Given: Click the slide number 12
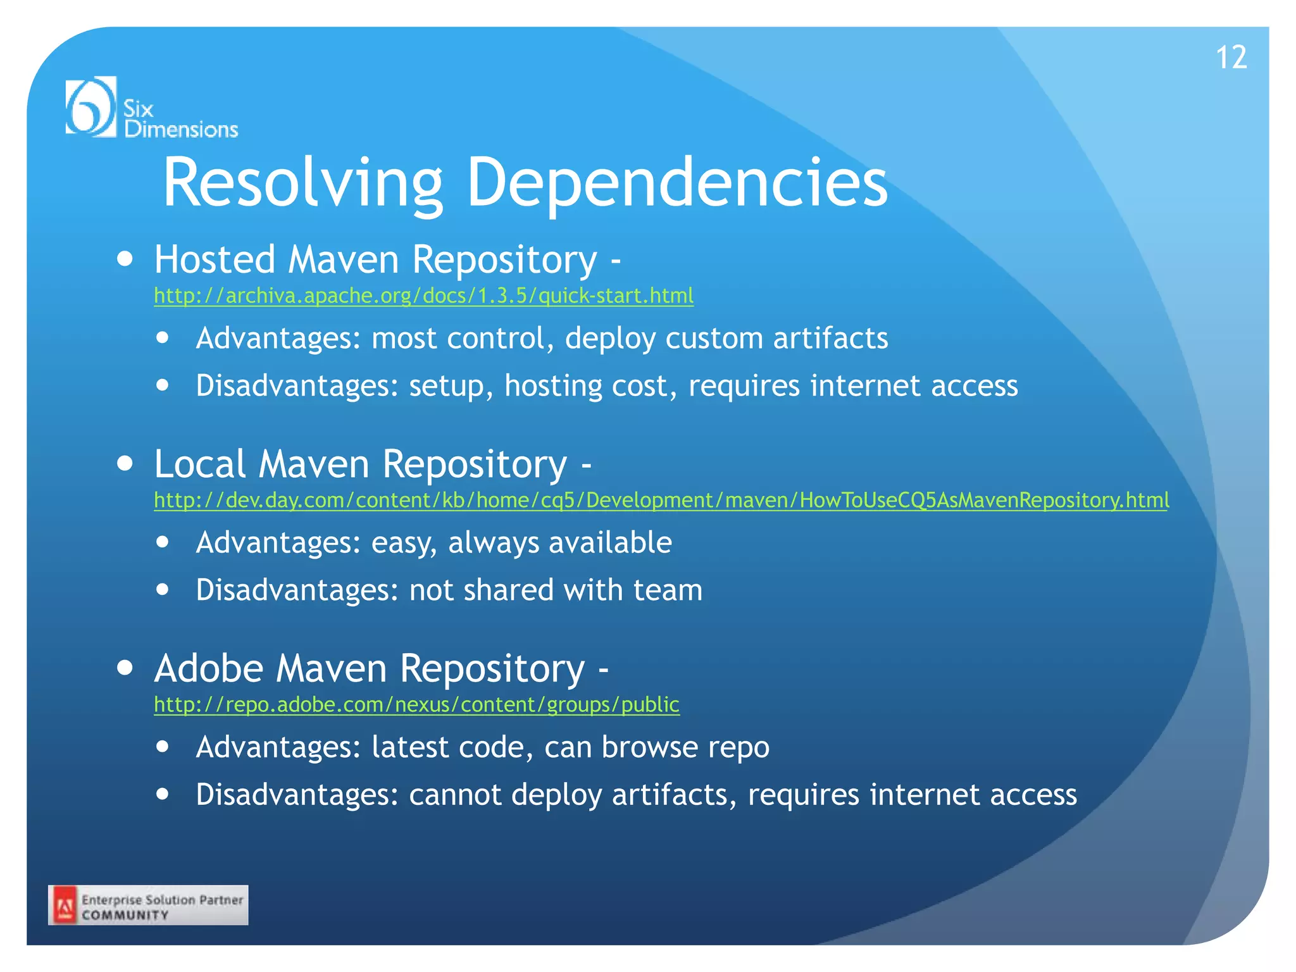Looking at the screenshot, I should [x=1231, y=58].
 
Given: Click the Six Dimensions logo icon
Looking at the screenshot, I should [x=91, y=106].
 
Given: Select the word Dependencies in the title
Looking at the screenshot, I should [x=677, y=183].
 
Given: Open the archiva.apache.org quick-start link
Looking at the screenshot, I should [x=423, y=296].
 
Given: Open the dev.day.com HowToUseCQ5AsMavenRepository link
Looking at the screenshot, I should [x=661, y=500].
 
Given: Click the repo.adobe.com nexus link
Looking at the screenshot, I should [x=416, y=704].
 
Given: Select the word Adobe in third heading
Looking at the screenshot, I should [x=209, y=668].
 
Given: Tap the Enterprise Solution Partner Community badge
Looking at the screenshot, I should [x=148, y=906].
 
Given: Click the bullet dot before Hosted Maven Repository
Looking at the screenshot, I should [x=125, y=259].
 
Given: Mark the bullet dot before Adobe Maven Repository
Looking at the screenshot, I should [x=125, y=668].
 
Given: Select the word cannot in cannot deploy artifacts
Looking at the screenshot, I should [x=455, y=795].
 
